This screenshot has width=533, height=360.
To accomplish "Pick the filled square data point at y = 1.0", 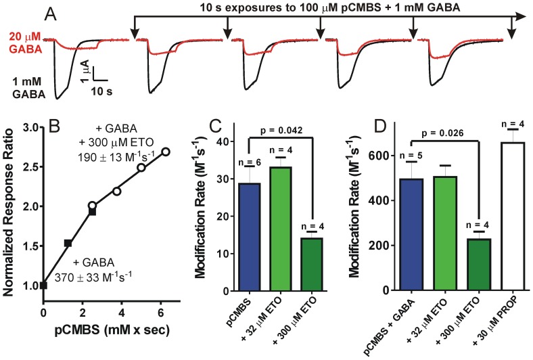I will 44,286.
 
